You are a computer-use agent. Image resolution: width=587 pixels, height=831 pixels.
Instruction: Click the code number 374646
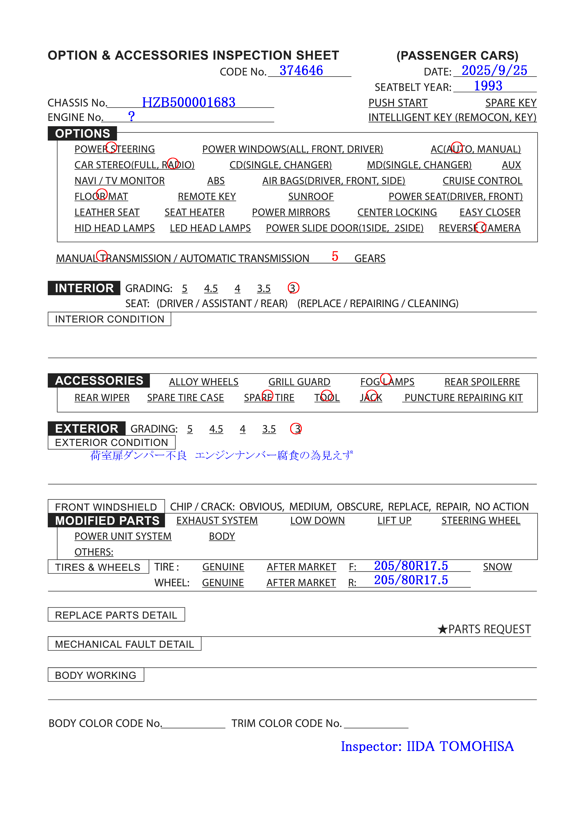click(x=301, y=71)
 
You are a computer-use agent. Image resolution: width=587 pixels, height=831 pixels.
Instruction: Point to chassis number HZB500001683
click(x=189, y=103)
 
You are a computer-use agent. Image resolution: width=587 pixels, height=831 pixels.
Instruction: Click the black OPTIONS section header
click(x=83, y=134)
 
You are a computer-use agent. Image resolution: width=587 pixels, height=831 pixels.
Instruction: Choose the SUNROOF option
click(x=311, y=197)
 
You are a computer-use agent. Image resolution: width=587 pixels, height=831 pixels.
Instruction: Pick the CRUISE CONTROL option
click(x=482, y=181)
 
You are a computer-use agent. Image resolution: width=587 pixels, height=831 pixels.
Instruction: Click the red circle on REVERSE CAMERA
click(x=480, y=227)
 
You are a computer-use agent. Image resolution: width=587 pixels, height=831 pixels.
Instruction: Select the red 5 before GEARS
click(x=335, y=256)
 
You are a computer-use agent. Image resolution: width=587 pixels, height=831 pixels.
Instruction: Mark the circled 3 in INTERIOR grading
click(x=293, y=288)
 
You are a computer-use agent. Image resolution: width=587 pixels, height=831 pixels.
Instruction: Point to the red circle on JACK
click(x=371, y=396)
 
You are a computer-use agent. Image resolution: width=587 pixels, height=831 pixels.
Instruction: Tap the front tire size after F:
click(x=411, y=566)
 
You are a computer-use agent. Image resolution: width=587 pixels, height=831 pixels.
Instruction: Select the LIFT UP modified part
click(x=394, y=520)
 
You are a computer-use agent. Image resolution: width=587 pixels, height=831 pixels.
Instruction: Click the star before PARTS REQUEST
click(x=442, y=629)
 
